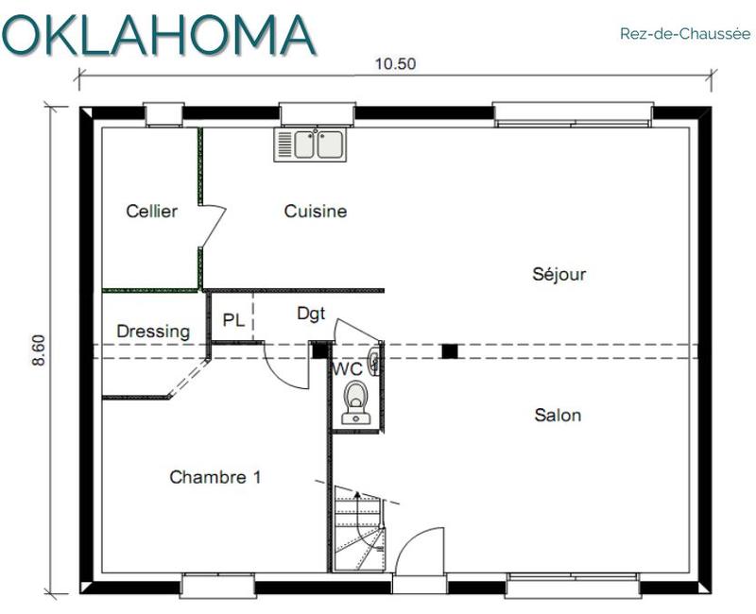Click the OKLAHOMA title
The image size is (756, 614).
pos(158,35)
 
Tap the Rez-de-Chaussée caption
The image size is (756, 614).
pos(685,34)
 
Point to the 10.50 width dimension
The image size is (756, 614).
pos(395,63)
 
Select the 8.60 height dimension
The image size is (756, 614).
pos(39,350)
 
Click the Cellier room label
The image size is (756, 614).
pos(151,211)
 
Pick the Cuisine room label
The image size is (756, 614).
pos(316,211)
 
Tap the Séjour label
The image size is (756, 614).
pos(559,274)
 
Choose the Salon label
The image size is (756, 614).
pos(558,415)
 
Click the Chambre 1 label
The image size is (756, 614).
pos(215,477)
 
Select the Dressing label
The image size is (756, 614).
pos(153,332)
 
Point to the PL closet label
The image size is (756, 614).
pos(233,320)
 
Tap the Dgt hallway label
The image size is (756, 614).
pos(311,314)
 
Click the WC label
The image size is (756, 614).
pos(347,369)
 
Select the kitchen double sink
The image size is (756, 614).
pos(310,145)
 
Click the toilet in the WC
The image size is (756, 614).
pos(356,402)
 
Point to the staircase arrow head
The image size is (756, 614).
pos(357,494)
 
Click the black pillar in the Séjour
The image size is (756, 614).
pos(450,351)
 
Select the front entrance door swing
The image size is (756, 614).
pos(419,550)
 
